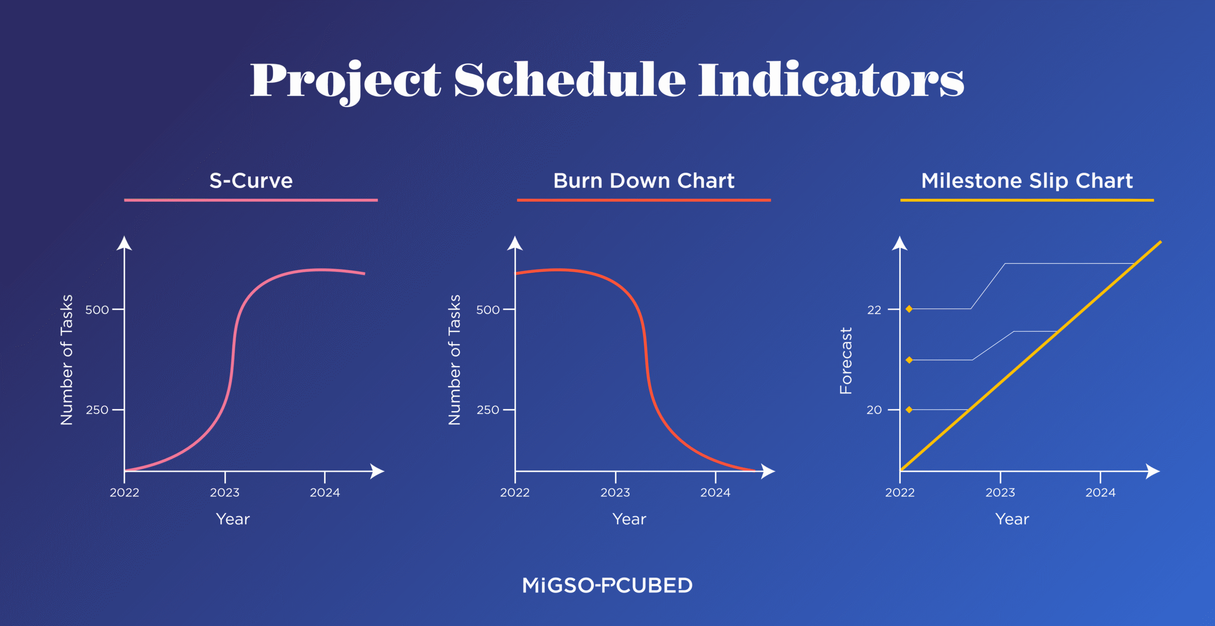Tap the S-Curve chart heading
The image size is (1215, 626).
tap(251, 181)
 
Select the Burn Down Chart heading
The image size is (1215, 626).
tap(644, 181)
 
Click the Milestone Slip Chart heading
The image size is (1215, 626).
tap(1027, 181)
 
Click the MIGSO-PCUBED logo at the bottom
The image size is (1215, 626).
tap(607, 585)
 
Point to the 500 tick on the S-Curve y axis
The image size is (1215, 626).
tap(97, 310)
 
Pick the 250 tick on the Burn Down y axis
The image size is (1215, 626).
tap(488, 410)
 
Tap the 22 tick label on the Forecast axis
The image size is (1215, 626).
tap(874, 310)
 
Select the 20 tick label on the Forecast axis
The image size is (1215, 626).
tap(874, 410)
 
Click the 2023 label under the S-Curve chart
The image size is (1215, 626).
tap(224, 493)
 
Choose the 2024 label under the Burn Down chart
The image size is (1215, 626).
tap(715, 493)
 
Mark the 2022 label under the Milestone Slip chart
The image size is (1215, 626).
tap(899, 493)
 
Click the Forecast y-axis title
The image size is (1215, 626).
tap(846, 361)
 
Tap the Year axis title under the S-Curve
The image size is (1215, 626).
tap(233, 519)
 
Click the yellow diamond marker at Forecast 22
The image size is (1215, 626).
tap(909, 309)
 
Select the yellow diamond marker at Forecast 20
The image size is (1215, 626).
tap(909, 410)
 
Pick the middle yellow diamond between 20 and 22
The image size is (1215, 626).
tap(909, 360)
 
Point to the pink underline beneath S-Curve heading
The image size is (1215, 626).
tap(251, 200)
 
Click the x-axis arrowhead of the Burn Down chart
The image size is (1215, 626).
tap(769, 471)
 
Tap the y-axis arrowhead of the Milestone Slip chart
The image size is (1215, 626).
tap(899, 243)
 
